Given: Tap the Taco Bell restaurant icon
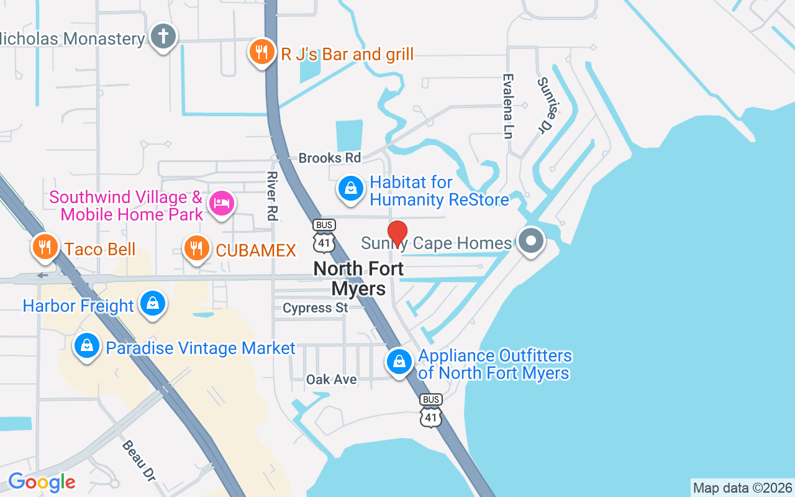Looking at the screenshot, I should (x=45, y=247).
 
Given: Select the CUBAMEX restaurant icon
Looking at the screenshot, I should (x=197, y=248).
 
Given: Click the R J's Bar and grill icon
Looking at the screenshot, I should (x=261, y=52).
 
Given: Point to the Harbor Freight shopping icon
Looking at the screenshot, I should (x=153, y=304).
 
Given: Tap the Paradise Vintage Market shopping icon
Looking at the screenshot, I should (x=87, y=346).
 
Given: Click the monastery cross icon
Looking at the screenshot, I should (x=163, y=37).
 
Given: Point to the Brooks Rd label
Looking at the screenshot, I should (x=329, y=158).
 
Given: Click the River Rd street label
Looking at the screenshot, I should (x=271, y=196).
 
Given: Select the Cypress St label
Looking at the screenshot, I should (x=316, y=308).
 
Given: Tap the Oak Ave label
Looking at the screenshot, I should (x=332, y=379).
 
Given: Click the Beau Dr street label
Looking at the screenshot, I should (x=139, y=460).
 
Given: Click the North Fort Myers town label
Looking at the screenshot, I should (x=359, y=278).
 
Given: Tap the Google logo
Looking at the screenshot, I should (x=42, y=482).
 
